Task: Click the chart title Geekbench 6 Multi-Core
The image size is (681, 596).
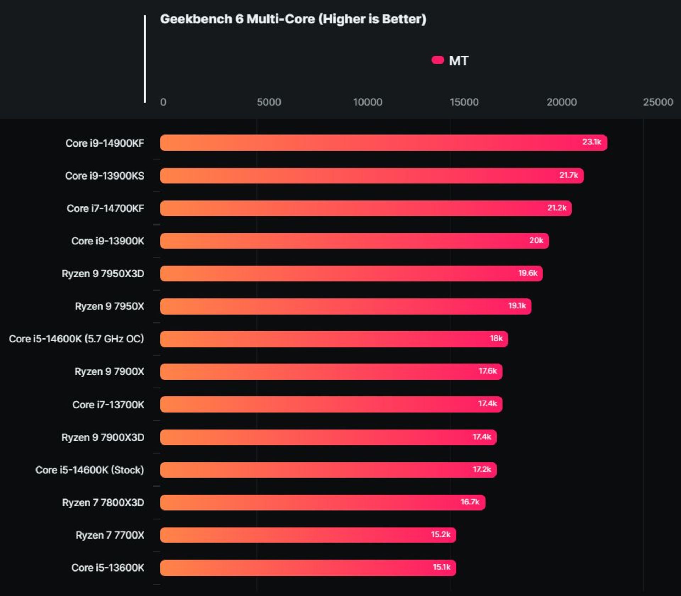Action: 293,19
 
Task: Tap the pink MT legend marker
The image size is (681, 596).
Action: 438,60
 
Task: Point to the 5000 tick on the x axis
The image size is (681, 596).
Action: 268,102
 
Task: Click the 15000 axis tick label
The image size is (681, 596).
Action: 464,102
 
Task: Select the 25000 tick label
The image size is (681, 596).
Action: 658,102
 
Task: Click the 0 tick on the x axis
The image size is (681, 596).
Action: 163,102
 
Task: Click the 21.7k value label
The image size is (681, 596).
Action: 569,175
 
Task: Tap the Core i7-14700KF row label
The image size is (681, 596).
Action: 105,208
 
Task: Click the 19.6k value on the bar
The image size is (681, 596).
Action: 527,273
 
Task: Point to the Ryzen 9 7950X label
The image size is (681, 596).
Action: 109,306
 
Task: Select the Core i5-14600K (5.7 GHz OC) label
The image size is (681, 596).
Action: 76,339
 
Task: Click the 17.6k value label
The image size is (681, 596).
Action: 487,371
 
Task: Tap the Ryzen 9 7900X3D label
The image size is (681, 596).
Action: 103,437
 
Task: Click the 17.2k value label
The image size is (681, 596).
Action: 482,469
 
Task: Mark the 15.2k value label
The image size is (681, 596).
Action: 441,534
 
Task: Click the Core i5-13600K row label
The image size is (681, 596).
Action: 108,568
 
